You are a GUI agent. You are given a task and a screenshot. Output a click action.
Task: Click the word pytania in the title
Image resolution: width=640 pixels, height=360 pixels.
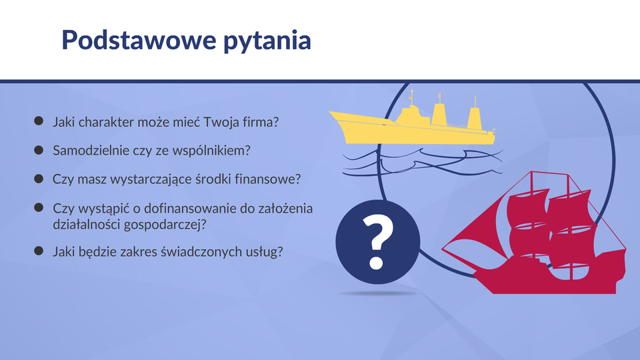point(267,41)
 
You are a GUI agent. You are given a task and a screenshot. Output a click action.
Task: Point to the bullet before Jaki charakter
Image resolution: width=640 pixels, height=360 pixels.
point(39,121)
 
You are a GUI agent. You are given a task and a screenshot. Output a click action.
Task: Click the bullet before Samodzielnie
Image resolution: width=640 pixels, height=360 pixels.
point(39,150)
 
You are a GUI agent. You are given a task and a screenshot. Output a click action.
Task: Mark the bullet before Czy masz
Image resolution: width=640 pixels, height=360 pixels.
point(39,179)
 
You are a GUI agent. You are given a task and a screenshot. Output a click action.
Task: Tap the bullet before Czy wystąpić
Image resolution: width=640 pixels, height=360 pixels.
point(39,208)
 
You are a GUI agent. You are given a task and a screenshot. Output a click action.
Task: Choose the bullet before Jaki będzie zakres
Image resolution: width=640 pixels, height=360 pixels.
point(39,251)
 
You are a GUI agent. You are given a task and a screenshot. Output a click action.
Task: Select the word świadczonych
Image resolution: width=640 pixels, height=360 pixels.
point(201,252)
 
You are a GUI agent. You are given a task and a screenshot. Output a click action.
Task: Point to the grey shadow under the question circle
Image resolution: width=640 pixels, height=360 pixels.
point(378,293)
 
